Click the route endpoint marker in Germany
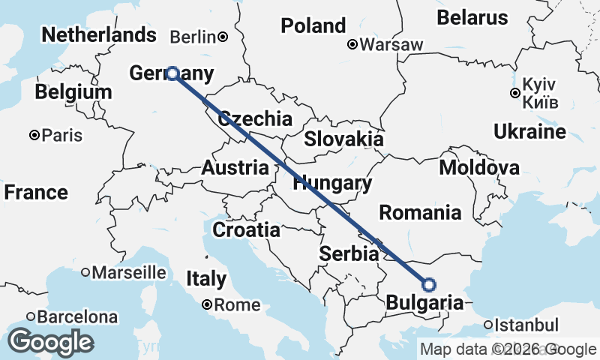coord(172,73)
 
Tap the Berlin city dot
coord(223,36)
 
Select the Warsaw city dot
coord(352,44)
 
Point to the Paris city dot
coord(34,136)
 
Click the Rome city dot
coord(206,305)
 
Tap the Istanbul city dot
coord(488,325)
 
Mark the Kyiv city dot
coord(514,94)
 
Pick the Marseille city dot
coord(85,271)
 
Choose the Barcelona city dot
coord(31,317)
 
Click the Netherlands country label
coord(99,34)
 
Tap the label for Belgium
coord(73,92)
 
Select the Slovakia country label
coord(343,139)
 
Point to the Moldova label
coord(479,167)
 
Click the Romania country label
coord(420,212)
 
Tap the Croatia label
coord(246,229)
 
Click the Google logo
coord(50,342)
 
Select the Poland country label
coord(313,25)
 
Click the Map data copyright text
coord(508,349)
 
